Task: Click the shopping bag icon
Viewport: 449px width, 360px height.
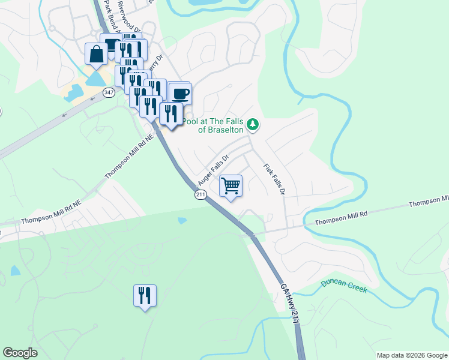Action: tap(96, 55)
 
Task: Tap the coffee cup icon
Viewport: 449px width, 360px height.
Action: tap(180, 94)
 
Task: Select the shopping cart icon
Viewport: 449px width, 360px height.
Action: tap(231, 185)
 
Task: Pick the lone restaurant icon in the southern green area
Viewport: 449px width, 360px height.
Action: tap(145, 295)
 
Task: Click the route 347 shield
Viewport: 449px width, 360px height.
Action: tap(109, 92)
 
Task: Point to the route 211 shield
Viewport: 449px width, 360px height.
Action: tap(200, 194)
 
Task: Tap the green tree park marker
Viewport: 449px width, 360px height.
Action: tap(253, 125)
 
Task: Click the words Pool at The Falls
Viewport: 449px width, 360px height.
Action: tap(214, 121)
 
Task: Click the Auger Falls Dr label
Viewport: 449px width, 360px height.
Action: tap(214, 170)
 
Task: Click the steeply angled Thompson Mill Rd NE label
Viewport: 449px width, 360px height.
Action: tap(130, 155)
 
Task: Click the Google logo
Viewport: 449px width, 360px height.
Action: tap(20, 353)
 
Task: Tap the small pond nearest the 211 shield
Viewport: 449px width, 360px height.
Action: tap(182, 220)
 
